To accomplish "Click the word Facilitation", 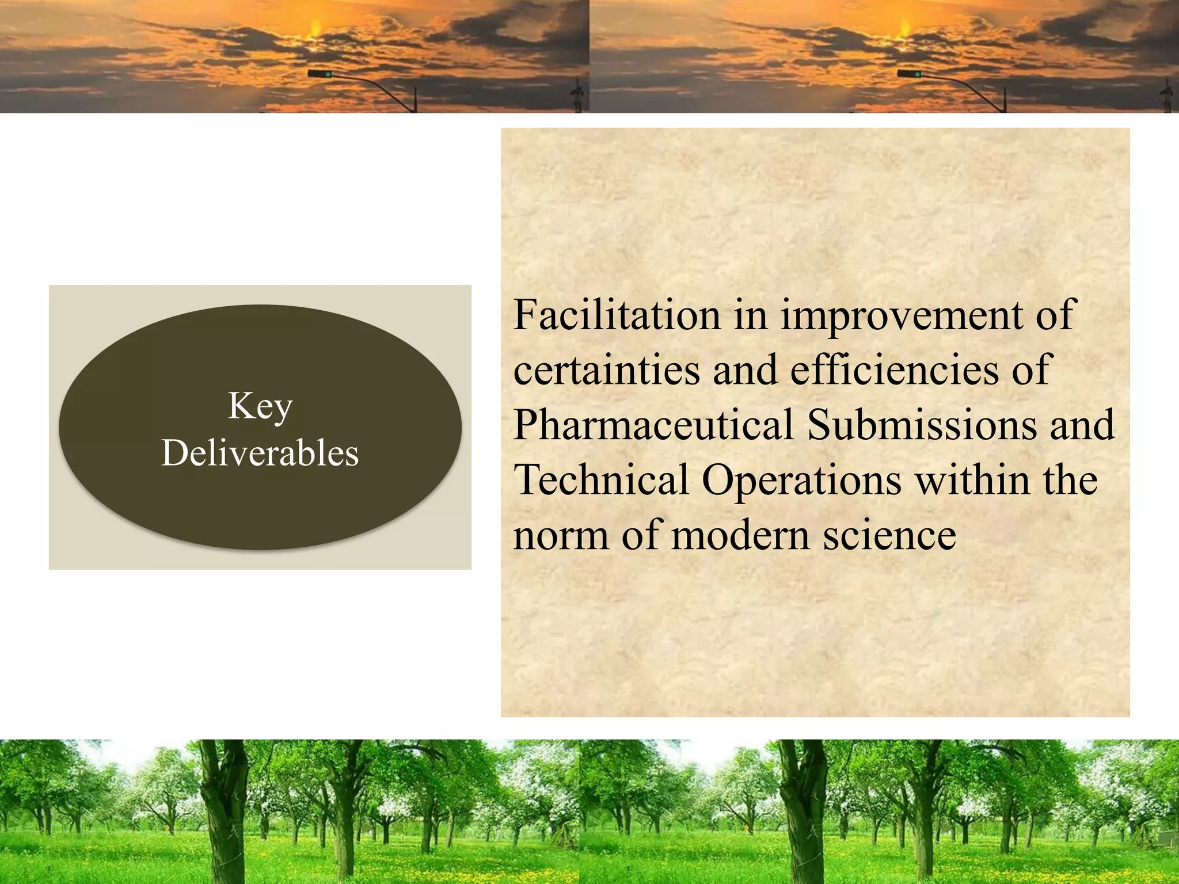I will click(x=617, y=315).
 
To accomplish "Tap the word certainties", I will click(x=606, y=370).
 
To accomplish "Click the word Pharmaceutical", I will click(x=653, y=425).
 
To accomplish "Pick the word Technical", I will click(x=600, y=479).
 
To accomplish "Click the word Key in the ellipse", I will click(x=260, y=406).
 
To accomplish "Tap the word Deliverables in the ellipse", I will click(x=260, y=453).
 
